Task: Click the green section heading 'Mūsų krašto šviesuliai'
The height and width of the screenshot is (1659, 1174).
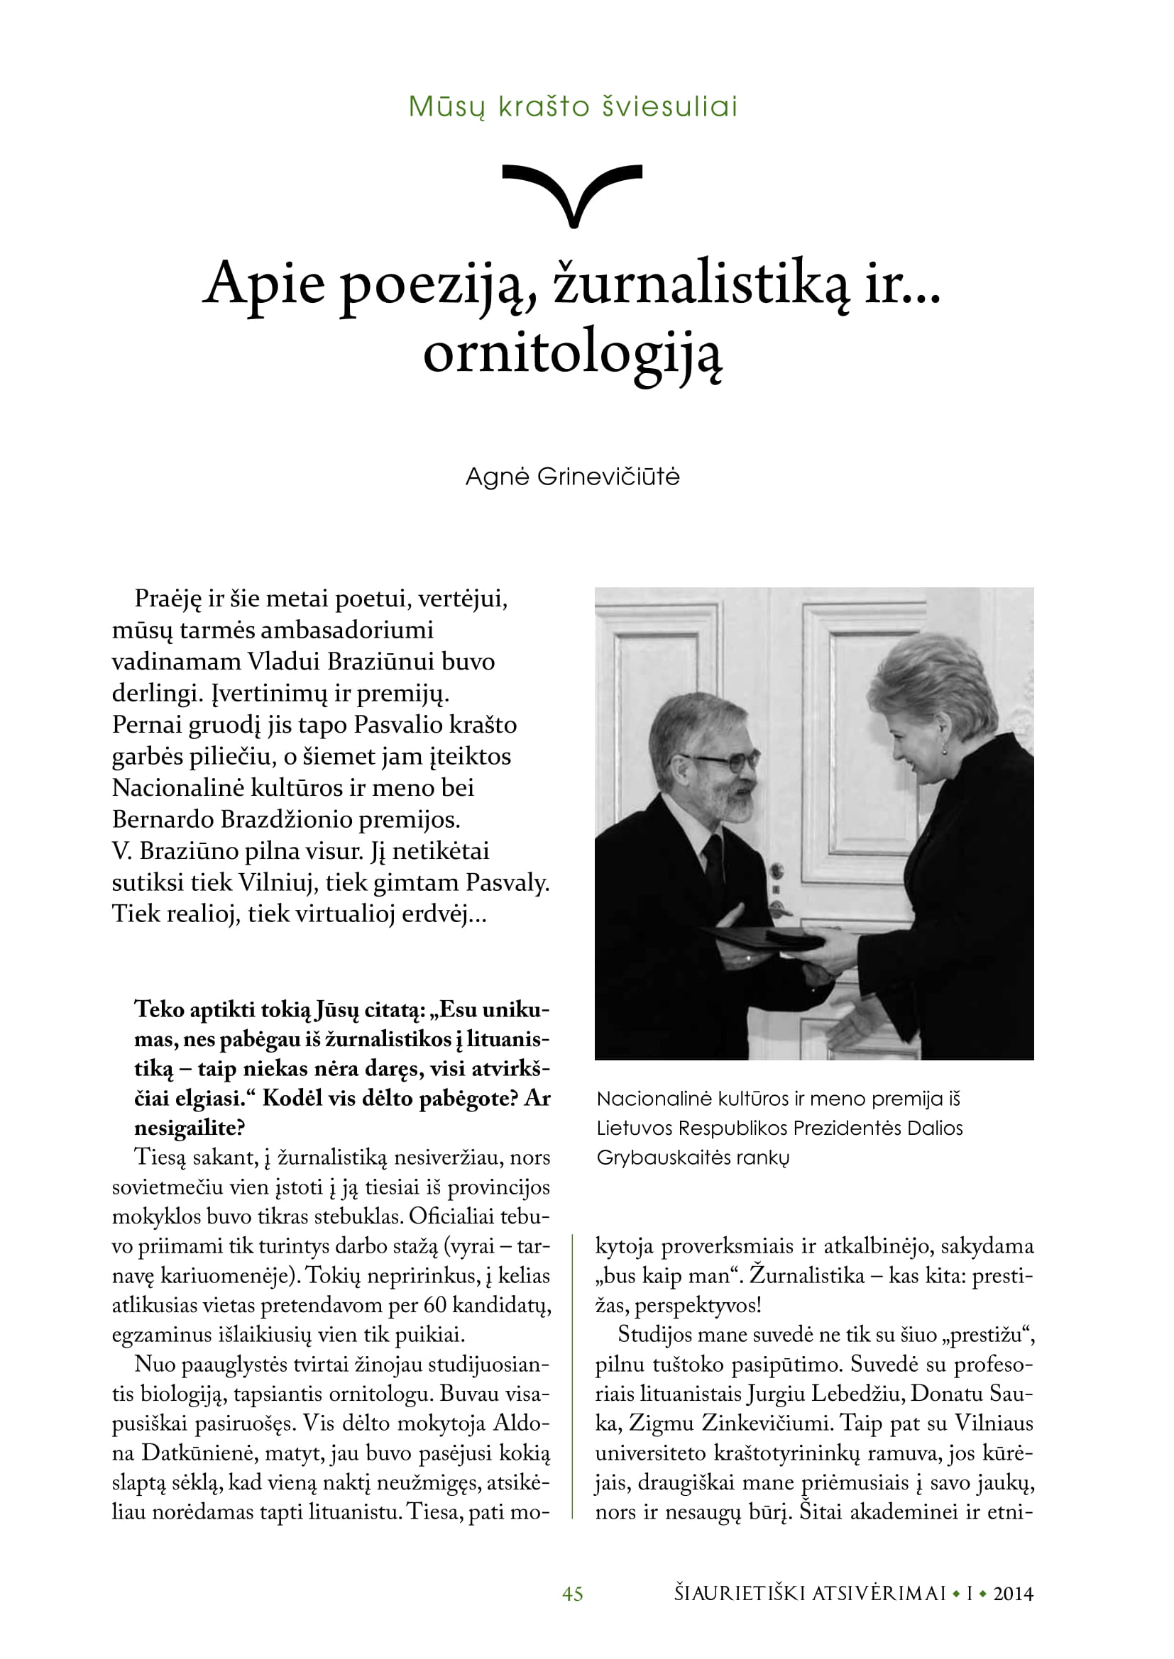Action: click(x=573, y=107)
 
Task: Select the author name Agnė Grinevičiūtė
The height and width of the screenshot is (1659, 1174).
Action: click(x=573, y=477)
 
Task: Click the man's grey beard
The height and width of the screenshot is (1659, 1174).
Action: click(x=730, y=802)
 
